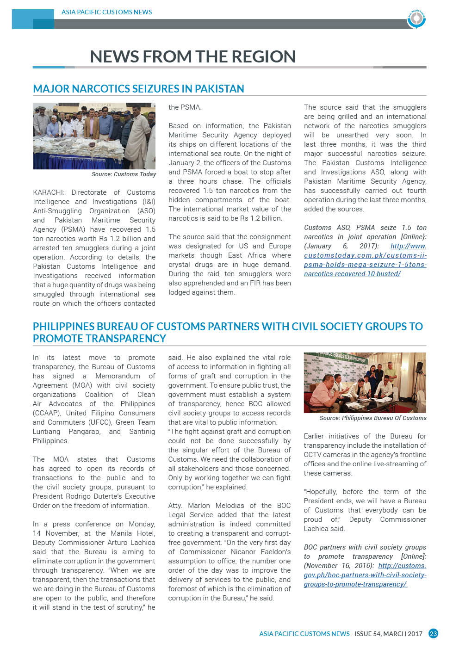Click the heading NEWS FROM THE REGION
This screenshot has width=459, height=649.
[192, 56]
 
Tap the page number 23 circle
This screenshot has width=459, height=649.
[433, 634]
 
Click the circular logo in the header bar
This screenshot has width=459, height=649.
[416, 19]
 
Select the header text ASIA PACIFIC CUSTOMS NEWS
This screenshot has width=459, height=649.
[106, 12]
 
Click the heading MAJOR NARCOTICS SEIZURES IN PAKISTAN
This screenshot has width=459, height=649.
[138, 89]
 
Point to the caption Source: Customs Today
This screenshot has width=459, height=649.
[124, 174]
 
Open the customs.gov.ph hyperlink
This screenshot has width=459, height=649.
[365, 575]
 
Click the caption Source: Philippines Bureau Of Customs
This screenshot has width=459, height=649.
[373, 418]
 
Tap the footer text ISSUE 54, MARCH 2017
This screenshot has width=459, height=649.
[389, 634]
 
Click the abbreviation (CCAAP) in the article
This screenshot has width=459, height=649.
[46, 413]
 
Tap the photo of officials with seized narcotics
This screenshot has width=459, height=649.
[94, 136]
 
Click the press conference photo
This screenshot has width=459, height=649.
[365, 383]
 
